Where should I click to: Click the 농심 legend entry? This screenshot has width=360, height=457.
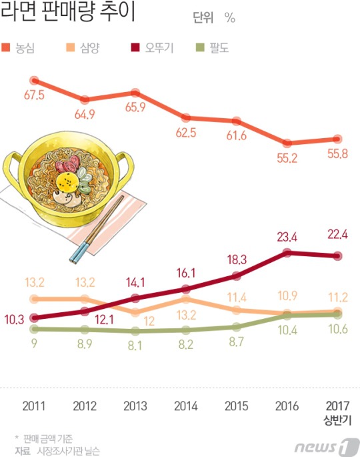point(18,48)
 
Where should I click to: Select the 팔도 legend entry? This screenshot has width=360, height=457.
point(212,48)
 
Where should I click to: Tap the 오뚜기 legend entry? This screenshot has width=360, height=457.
point(152,48)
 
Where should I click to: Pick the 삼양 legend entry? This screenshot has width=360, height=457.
point(83,48)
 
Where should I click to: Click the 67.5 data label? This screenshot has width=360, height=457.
point(35,95)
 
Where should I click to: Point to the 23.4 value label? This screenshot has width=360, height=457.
point(287,238)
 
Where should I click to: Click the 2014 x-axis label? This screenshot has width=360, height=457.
point(186,406)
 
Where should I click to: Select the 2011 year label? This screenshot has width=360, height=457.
point(34,406)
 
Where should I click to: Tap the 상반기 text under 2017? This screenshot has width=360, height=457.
point(337,420)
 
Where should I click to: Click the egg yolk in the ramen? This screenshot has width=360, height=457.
point(67,182)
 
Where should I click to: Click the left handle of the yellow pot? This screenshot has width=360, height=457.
point(12,173)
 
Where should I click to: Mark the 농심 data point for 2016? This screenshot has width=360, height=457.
point(287,143)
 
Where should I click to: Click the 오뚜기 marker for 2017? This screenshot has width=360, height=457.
point(337,256)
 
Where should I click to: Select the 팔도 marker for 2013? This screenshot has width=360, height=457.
point(135,331)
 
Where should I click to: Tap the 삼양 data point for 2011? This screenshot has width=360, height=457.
point(35,299)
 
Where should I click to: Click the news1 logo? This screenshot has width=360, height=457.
point(327,446)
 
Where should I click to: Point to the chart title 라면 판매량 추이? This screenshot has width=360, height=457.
point(68,11)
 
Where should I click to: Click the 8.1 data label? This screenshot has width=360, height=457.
point(135,346)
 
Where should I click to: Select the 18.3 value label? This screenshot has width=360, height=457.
point(237,259)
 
